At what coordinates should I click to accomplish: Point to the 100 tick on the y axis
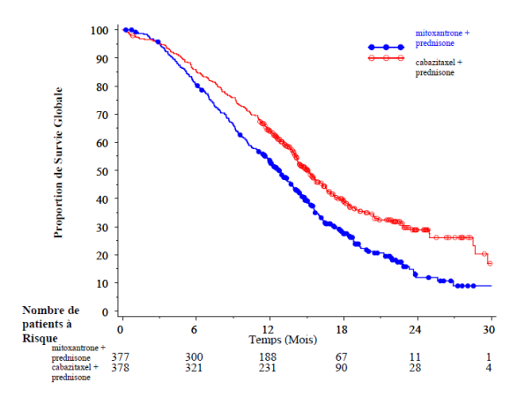100,30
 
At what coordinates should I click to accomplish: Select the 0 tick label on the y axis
105,311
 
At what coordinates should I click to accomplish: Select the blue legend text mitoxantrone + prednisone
442,38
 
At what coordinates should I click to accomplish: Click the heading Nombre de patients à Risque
51,324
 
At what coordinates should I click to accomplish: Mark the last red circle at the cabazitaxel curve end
490,263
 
